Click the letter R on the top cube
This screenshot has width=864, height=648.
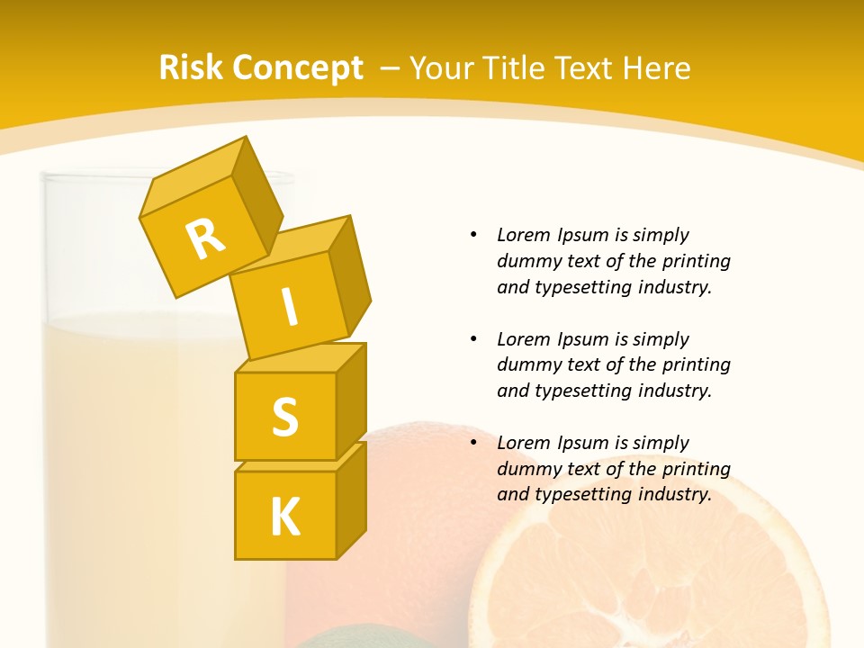(x=205, y=238)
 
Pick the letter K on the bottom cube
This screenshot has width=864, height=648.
(x=284, y=517)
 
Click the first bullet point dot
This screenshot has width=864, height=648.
(x=474, y=235)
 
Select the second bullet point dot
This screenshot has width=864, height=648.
(x=474, y=339)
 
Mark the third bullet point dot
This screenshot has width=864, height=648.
(x=474, y=443)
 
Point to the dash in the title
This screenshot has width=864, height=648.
(x=391, y=68)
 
